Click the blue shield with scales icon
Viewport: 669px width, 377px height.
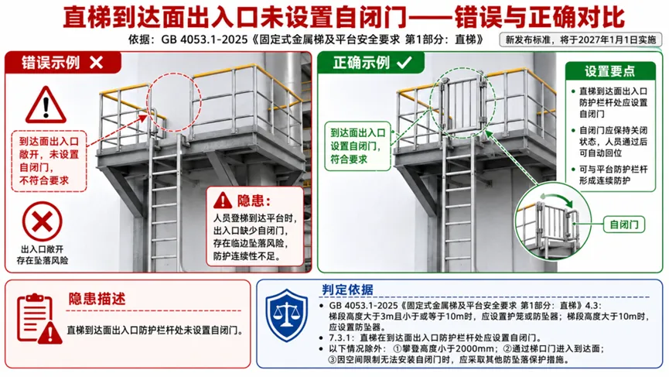click(286, 315)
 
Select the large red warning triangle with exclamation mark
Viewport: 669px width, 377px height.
click(46, 105)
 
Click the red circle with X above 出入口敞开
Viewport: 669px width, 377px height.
click(43, 221)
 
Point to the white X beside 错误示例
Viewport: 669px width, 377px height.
click(97, 63)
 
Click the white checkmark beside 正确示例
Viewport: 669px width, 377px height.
click(404, 63)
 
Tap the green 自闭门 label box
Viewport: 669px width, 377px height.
click(624, 224)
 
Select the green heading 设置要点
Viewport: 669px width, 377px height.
click(609, 71)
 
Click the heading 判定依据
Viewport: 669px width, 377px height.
click(347, 290)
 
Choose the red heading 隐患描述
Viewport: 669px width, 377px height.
click(97, 299)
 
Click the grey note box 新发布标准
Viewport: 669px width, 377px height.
click(581, 39)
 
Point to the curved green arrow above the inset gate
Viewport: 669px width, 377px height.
click(557, 198)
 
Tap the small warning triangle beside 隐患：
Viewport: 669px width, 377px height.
click(223, 200)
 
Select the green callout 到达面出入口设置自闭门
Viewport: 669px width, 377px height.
click(357, 146)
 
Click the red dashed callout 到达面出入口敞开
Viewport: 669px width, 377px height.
click(49, 160)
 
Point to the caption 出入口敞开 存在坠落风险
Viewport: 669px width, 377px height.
click(43, 255)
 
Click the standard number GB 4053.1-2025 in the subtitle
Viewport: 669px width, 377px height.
click(204, 39)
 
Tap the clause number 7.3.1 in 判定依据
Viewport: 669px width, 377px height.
click(340, 338)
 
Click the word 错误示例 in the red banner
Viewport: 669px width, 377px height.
click(50, 63)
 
